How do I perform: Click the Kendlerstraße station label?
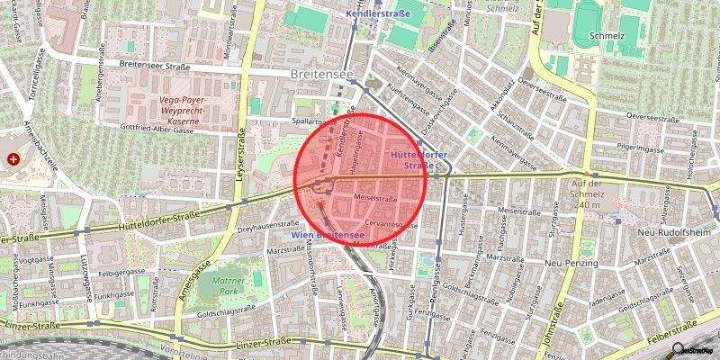pos(376,15)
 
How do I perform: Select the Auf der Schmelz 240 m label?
pos(593,193)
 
